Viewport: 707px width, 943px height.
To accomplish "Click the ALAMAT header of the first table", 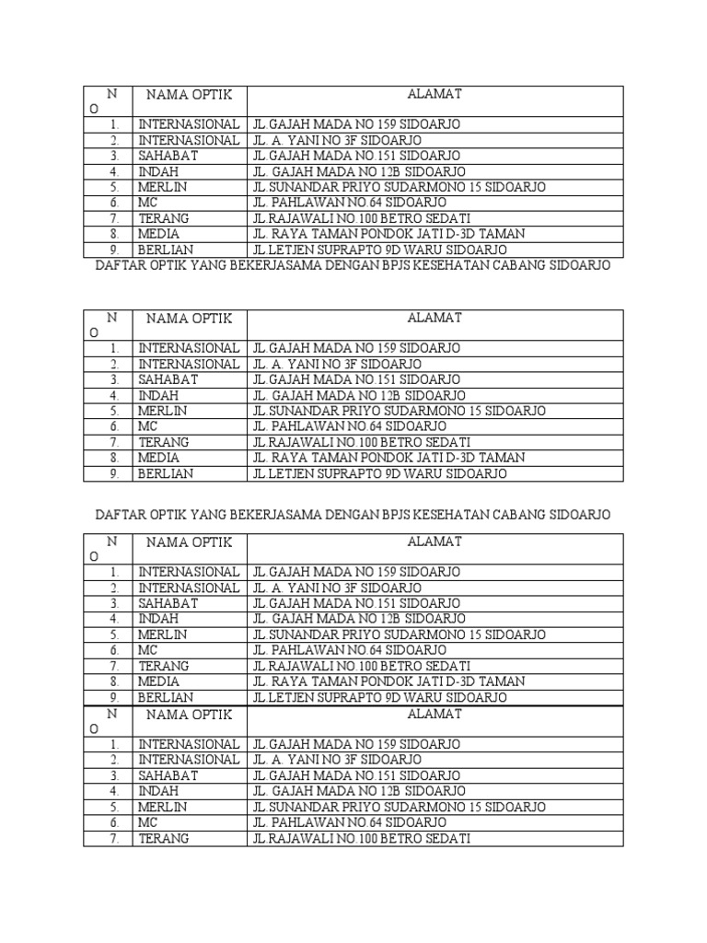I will click(x=435, y=94).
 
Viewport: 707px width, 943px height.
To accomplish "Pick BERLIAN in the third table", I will click(x=166, y=698).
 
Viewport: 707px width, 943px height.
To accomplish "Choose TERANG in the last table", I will click(x=164, y=839).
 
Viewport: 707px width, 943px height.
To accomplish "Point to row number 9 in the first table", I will click(x=114, y=250).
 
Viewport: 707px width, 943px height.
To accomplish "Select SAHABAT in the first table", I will click(x=168, y=156).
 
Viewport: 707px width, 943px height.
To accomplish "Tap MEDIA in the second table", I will click(x=159, y=458).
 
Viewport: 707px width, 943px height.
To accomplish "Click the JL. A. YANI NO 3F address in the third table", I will click(x=337, y=588).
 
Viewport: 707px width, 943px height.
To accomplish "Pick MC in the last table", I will click(x=148, y=822).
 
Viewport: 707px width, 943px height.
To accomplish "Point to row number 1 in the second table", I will click(x=114, y=349).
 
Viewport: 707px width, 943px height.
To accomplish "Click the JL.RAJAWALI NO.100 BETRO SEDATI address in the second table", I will click(x=362, y=442).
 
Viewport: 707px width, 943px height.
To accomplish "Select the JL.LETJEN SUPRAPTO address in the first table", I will click(x=379, y=250).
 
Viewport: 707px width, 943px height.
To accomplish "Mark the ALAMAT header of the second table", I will click(x=435, y=318).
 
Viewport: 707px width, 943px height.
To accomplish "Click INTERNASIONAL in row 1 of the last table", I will click(x=189, y=744).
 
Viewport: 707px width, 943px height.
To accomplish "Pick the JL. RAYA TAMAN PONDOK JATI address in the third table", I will click(x=388, y=681).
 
